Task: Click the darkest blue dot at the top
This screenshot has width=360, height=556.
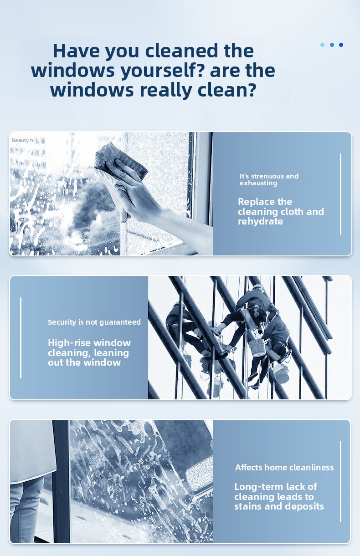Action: (341, 45)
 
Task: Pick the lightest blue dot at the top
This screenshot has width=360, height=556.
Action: (323, 45)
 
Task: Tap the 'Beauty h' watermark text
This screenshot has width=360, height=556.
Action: (22, 140)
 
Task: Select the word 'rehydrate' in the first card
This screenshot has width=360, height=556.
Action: (260, 222)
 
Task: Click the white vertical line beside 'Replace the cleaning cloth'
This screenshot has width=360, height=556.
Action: (340, 194)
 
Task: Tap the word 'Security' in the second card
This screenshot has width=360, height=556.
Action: (62, 322)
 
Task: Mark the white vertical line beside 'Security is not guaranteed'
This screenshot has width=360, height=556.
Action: (21, 338)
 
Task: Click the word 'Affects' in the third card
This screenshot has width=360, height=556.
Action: (249, 467)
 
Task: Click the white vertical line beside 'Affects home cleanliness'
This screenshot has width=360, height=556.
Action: (340, 482)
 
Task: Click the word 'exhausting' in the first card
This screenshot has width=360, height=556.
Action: (258, 183)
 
